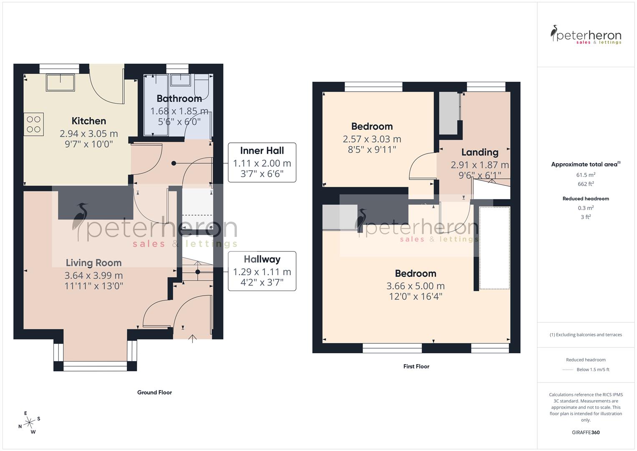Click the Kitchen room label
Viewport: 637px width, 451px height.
89,121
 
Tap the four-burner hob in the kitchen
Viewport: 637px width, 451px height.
34,124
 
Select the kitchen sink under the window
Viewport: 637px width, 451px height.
60,82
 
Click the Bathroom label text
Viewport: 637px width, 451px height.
179,99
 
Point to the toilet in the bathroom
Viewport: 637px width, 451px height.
204,85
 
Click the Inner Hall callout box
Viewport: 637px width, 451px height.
262,162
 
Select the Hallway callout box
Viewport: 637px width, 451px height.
262,271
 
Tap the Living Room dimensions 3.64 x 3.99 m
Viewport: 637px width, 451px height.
93,276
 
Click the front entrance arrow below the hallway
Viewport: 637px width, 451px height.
192,338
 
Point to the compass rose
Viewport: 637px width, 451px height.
29,423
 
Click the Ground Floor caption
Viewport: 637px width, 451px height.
154,393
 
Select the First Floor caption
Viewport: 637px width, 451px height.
416,367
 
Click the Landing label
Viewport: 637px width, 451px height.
480,152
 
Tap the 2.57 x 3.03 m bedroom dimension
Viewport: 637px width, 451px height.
372,139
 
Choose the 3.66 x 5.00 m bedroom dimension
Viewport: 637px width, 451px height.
415,286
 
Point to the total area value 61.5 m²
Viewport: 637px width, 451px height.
586,175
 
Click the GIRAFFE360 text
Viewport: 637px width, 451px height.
586,433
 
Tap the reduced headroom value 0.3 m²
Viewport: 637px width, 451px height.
586,208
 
